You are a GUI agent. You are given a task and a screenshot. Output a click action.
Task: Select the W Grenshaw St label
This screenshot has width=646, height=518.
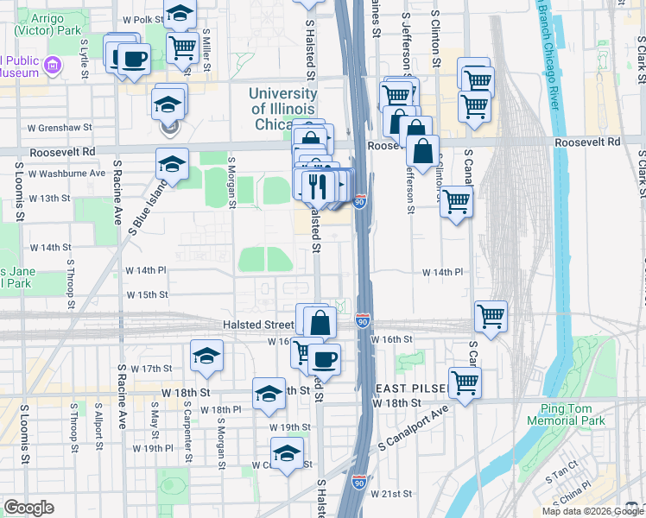(x=60, y=127)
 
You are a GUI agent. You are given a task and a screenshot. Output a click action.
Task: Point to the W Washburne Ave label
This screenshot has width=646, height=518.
(x=66, y=174)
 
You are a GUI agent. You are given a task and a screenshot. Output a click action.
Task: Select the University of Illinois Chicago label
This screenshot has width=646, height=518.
(x=283, y=109)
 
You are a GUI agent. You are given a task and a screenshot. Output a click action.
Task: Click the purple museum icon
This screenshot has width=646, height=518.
(x=53, y=65)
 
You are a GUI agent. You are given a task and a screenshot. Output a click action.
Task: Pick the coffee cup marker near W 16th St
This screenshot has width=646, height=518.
(x=325, y=358)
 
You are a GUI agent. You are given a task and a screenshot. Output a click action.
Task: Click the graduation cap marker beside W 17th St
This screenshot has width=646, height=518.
(x=207, y=355)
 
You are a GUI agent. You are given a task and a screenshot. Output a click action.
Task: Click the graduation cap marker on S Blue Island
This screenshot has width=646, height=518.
(x=173, y=164)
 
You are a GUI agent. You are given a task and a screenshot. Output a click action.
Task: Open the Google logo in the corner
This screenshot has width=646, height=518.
(x=28, y=508)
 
